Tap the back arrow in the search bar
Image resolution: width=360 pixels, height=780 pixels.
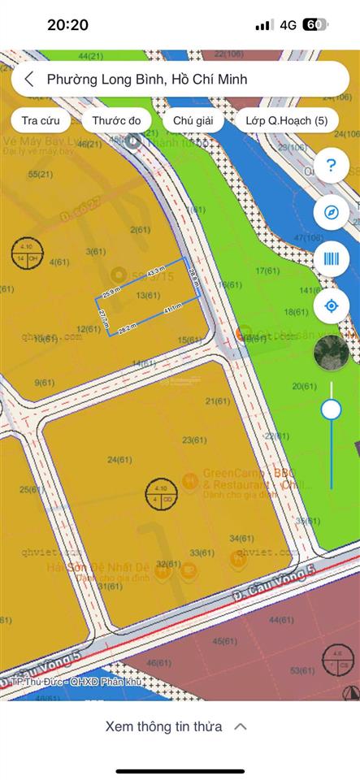(29, 80)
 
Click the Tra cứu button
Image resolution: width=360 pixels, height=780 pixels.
(41, 120)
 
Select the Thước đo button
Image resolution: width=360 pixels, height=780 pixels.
(116, 120)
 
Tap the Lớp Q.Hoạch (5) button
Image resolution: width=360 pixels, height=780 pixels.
(287, 120)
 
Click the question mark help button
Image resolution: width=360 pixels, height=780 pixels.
(331, 167)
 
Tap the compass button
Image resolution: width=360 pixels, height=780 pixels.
(331, 212)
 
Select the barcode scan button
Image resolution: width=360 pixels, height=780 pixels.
(331, 259)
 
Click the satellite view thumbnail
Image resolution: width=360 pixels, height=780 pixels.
(331, 352)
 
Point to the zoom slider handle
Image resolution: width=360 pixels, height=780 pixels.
(331, 409)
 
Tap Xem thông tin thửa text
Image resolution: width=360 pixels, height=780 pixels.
(163, 726)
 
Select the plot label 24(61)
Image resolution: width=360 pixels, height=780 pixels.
(119, 460)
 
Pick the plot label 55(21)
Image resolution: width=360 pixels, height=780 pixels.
(41, 174)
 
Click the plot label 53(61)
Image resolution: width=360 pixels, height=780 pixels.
(301, 669)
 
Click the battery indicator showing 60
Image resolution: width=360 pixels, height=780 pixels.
(315, 25)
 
